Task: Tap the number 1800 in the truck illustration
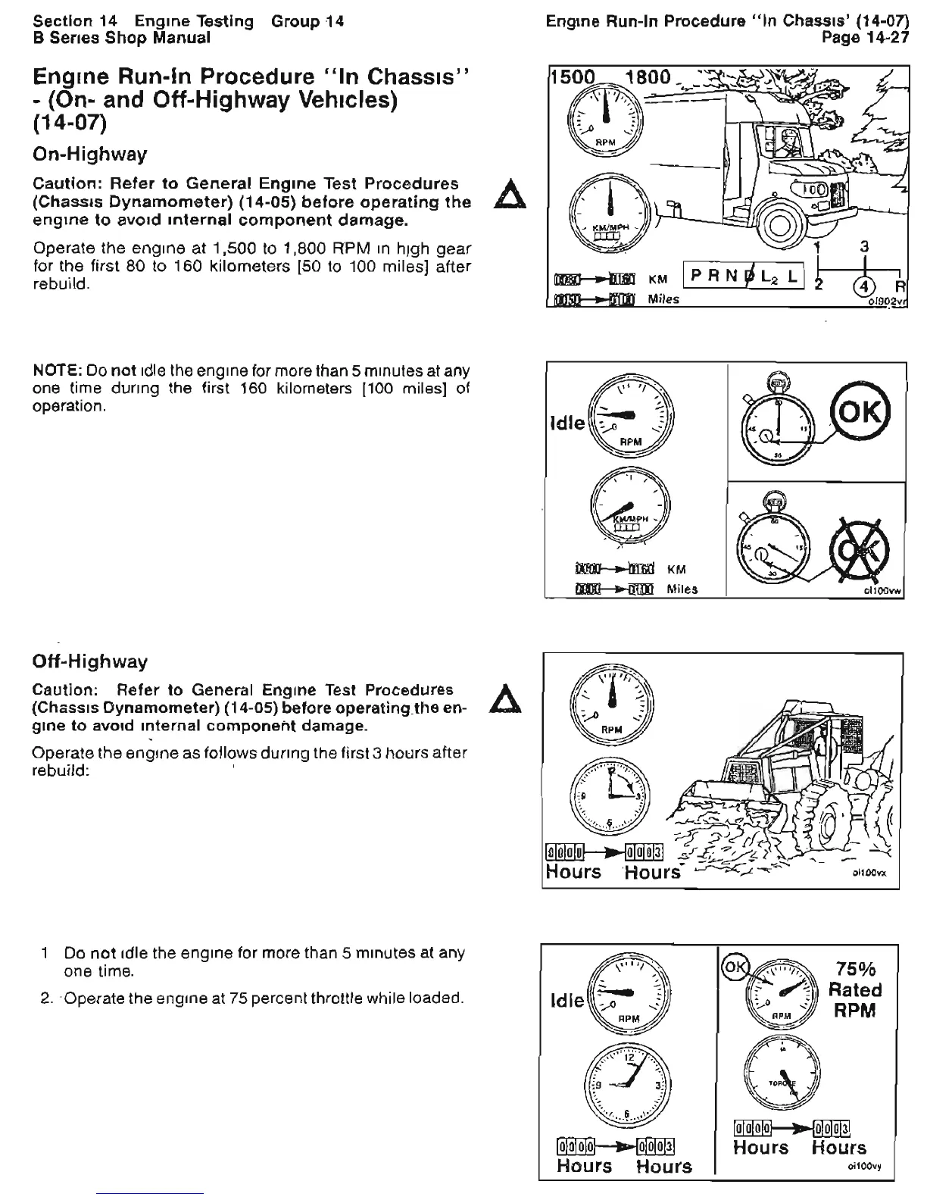coord(648,77)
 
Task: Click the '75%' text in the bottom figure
coord(855,970)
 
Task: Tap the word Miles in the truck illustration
coord(663,299)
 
